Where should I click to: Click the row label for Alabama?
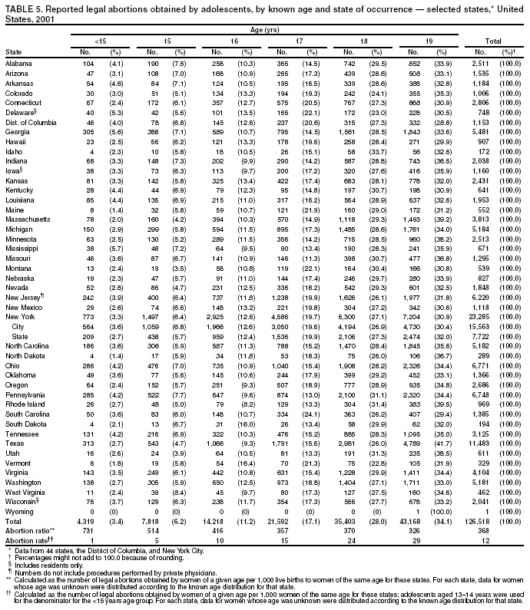coord(18,62)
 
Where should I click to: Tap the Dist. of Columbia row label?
coord(29,123)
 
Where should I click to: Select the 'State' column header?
coord(14,51)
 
